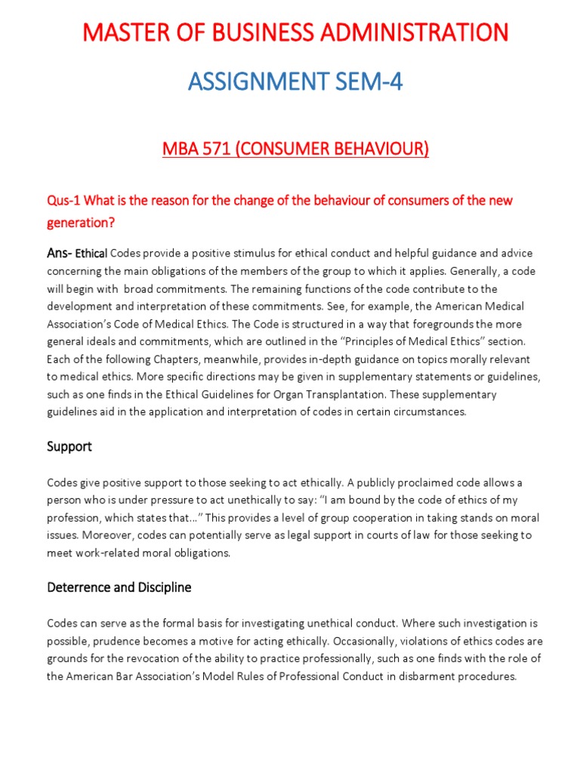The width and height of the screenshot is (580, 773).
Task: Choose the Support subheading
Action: [x=69, y=446]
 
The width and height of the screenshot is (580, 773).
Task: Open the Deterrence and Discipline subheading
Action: [x=119, y=587]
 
